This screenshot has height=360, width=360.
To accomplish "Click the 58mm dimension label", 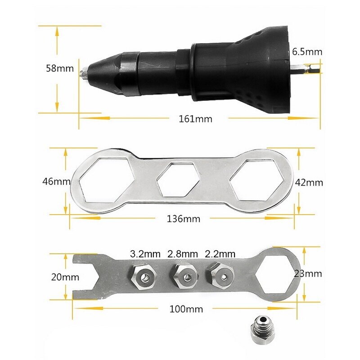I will [59, 69].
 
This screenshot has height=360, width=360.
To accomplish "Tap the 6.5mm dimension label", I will [307, 51].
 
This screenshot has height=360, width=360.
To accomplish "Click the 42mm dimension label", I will [308, 183].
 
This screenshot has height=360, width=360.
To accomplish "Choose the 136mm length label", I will [183, 219].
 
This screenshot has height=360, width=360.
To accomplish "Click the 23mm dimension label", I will [308, 273].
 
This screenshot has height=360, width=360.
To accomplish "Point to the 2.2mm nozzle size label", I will [220, 254].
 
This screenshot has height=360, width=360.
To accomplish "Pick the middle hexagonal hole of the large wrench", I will [177, 180].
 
